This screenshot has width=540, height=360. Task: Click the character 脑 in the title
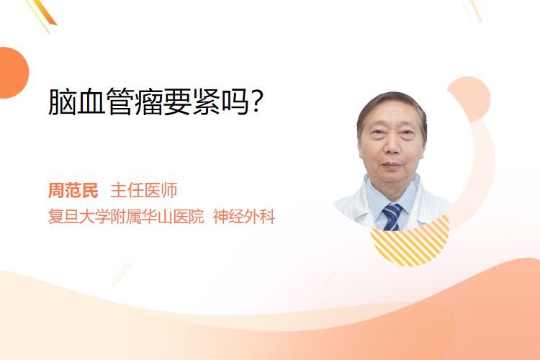tap(62, 102)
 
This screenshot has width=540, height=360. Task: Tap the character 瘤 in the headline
tap(149, 102)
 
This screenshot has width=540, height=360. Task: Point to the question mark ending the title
tap(256, 101)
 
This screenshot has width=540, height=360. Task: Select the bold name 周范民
tap(73, 191)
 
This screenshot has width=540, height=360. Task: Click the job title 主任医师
tap(144, 191)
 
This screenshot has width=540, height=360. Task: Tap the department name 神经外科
tap(244, 217)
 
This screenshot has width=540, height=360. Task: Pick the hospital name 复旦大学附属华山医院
tap(126, 217)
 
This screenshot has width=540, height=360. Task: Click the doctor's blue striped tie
tap(392, 217)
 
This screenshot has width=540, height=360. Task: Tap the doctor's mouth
tap(392, 166)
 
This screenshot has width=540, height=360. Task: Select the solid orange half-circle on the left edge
tap(14, 73)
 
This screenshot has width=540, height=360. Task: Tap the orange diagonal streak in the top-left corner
tap(43, 14)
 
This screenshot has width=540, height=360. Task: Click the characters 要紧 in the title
tap(192, 102)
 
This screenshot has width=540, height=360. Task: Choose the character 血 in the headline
tap(91, 102)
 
